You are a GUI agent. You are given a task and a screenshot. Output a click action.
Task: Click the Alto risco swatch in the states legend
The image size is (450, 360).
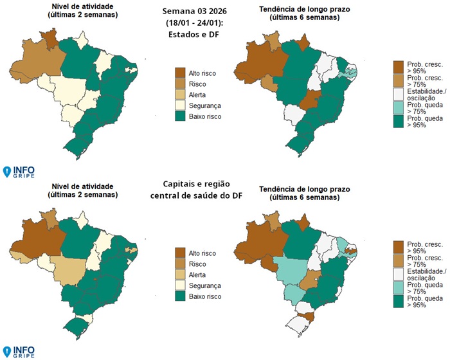[180, 73]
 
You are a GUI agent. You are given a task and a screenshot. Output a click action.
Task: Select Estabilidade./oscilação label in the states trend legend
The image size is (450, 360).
[426, 95]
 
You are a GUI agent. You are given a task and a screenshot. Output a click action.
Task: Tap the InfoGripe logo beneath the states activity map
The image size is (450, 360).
[19, 172]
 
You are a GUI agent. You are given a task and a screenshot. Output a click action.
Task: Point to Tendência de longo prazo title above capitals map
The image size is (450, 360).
[304, 191]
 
